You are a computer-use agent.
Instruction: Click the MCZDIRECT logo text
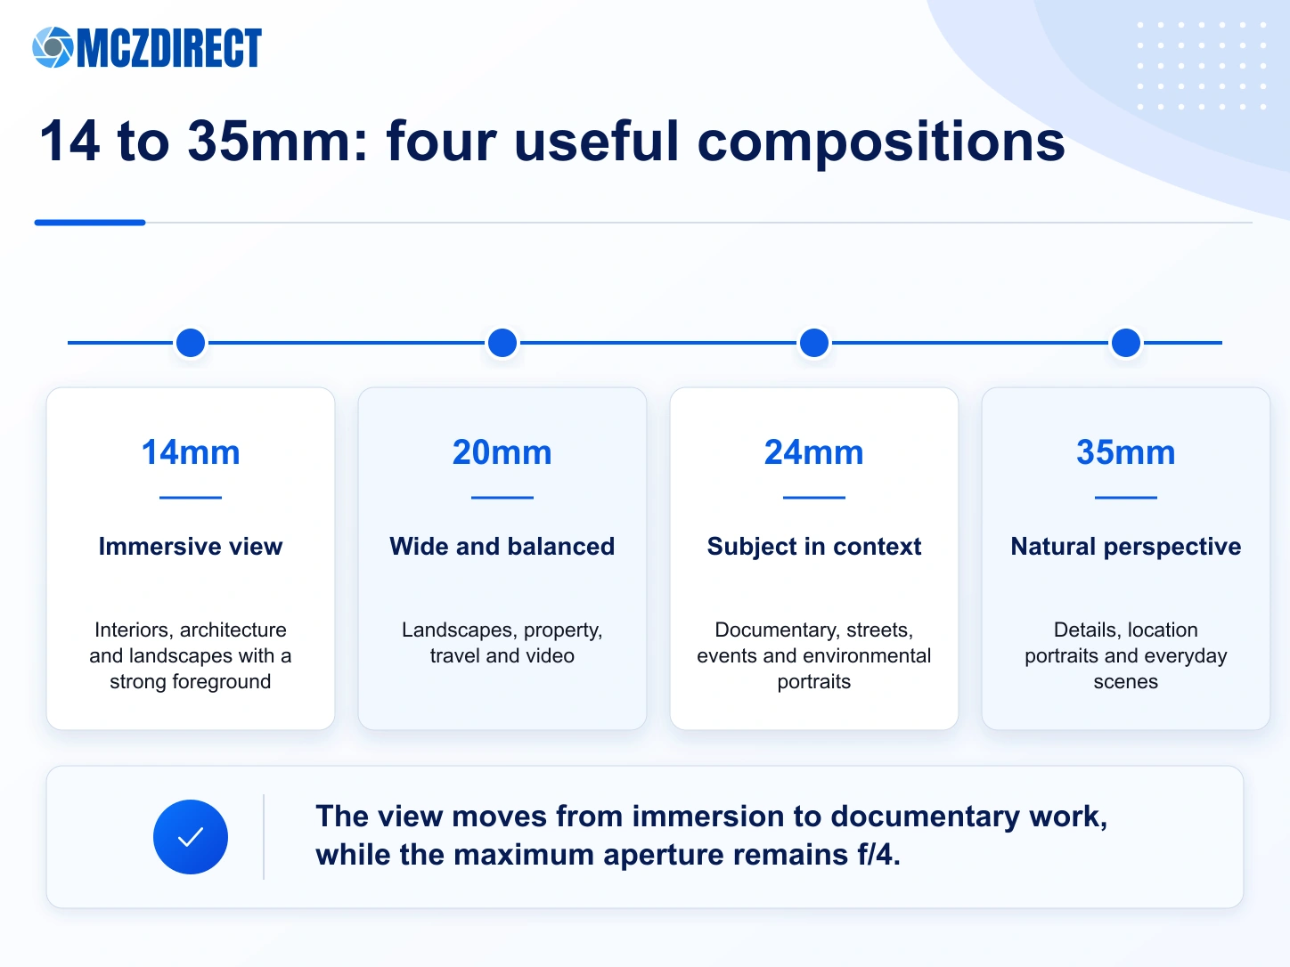169,47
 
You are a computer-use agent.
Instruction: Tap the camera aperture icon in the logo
53,47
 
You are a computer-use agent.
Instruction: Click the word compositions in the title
880,142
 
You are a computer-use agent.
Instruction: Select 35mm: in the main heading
277,142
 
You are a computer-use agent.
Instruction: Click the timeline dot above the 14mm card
191,343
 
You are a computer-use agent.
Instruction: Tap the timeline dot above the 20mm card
502,343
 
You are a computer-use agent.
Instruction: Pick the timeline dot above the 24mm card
814,343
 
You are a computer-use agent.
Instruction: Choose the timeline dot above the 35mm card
1126,343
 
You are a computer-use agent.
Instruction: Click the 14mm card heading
191,452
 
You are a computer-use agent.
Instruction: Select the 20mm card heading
502,452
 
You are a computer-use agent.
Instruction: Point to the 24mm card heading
814,452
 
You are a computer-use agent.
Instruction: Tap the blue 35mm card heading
1126,452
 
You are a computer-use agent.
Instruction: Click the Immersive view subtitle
191,547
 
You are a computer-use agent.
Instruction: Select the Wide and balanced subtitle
502,547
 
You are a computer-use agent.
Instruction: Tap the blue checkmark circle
191,837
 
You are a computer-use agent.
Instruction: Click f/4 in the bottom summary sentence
878,854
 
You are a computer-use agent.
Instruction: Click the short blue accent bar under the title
90,223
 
